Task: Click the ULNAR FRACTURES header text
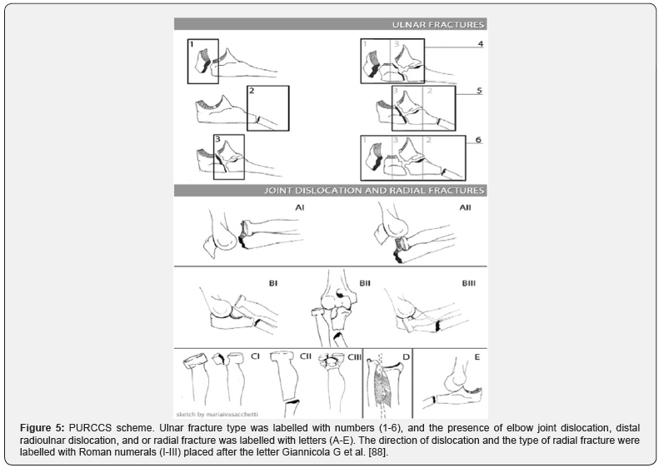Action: pos(438,25)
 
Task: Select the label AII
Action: pos(465,208)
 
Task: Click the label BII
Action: pos(364,283)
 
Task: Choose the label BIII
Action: pos(470,283)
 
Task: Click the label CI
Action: pos(257,356)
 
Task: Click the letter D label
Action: pos(407,357)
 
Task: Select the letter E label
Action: pos(477,357)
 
